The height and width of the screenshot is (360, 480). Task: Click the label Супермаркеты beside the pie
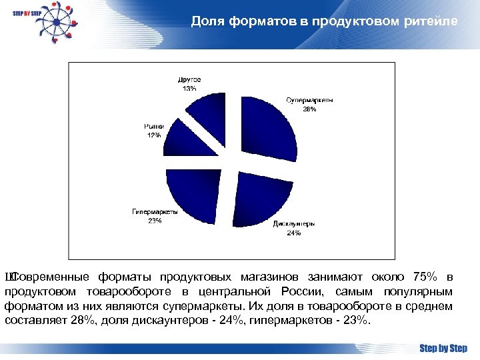pos(310,100)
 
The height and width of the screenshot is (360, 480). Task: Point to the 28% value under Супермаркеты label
pos(310,109)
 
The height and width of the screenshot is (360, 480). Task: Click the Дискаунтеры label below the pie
pos(294,224)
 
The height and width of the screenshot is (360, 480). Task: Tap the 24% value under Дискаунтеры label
pos(294,233)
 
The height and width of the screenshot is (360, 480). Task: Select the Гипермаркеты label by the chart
pos(155,212)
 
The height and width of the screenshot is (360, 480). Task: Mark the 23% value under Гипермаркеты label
pos(155,221)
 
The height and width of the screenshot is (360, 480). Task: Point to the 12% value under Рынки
pos(154,135)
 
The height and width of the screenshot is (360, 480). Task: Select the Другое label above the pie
pos(189,79)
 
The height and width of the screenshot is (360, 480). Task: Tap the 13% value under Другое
pos(189,88)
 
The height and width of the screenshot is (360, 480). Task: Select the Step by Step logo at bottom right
pos(443,348)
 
